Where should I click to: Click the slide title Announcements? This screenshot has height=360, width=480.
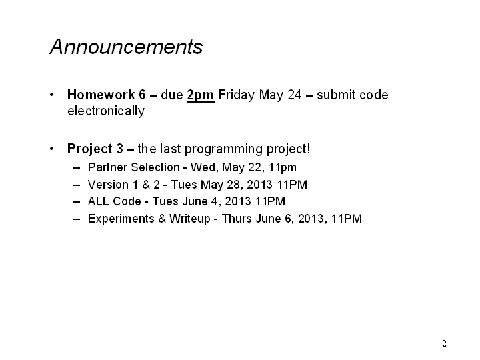(x=126, y=47)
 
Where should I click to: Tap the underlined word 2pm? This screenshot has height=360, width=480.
(x=201, y=95)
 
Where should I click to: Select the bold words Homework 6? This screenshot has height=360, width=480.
(x=107, y=95)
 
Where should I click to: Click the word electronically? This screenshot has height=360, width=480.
(x=106, y=111)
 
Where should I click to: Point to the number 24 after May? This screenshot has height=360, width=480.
(x=295, y=95)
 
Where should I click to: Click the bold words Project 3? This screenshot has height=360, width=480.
(x=95, y=149)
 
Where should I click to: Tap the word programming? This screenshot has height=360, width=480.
(x=223, y=149)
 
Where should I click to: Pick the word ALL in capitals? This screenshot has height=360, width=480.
(x=98, y=201)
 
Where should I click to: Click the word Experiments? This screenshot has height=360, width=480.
(x=121, y=219)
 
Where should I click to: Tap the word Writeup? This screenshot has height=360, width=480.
(x=190, y=219)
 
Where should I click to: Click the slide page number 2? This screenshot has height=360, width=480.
(x=444, y=343)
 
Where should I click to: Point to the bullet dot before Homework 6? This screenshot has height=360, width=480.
(x=52, y=95)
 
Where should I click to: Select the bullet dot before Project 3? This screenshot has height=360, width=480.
(x=52, y=149)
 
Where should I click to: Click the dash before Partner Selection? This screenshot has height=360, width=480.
(x=77, y=168)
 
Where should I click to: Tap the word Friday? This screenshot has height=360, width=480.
(x=236, y=95)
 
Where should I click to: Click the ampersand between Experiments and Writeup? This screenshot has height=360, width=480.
(x=162, y=219)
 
